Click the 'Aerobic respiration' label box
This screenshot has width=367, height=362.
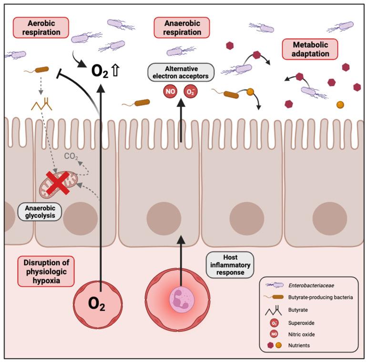click(40, 28)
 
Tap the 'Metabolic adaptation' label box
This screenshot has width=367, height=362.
click(309, 49)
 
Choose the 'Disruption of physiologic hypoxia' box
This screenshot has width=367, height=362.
click(45, 271)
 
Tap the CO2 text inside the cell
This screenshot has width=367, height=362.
click(71, 155)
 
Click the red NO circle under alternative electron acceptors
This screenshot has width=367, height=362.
click(171, 90)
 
